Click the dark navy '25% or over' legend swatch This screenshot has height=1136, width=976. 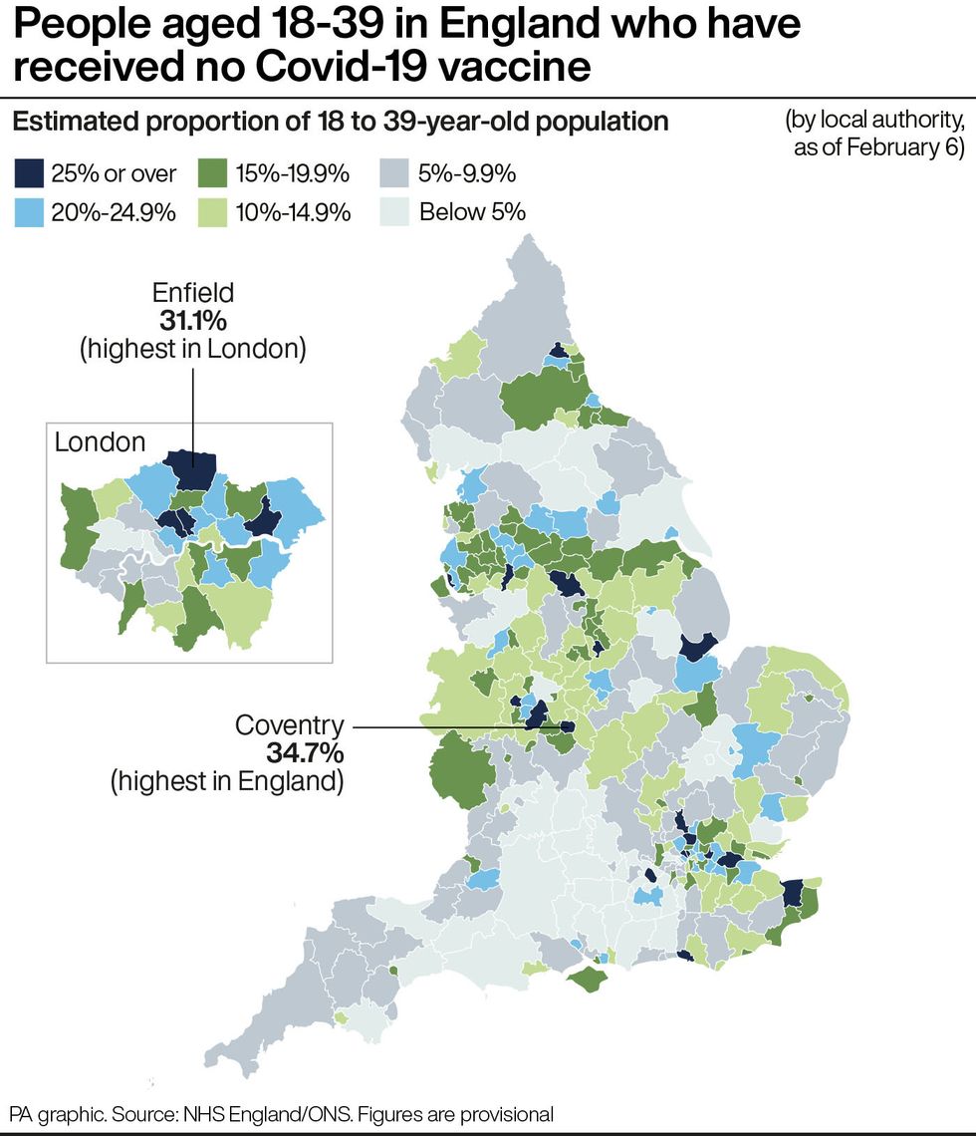(x=29, y=174)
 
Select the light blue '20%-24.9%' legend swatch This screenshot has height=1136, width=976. (x=29, y=212)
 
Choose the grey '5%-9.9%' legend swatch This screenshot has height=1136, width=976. (x=395, y=174)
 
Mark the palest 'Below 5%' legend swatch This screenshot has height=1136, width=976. (x=395, y=212)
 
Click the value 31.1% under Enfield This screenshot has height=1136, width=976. (x=193, y=321)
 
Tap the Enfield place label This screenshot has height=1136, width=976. (x=193, y=293)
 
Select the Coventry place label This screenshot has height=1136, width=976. (x=289, y=724)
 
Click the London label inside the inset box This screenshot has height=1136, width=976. (x=100, y=442)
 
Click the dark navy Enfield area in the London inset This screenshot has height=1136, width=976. (x=189, y=469)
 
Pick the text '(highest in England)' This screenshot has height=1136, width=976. (x=227, y=780)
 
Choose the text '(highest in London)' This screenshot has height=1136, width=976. (x=193, y=349)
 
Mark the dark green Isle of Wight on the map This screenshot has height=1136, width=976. (x=590, y=979)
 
